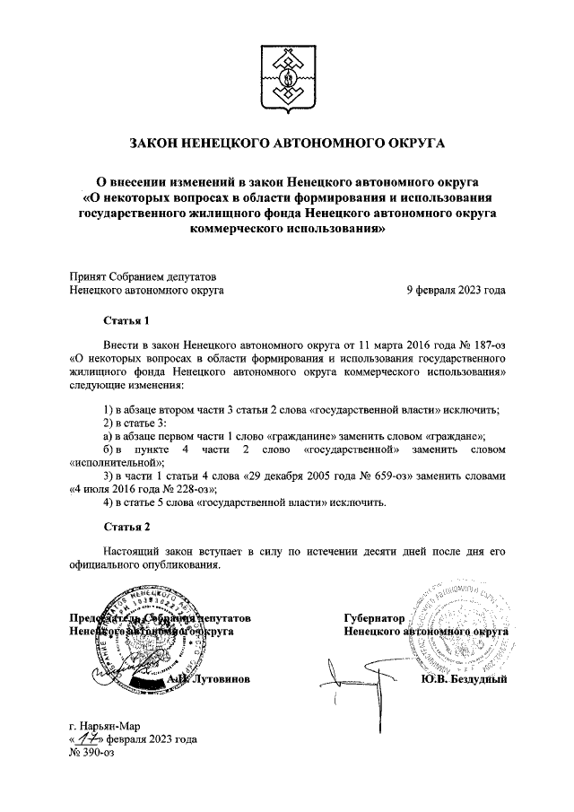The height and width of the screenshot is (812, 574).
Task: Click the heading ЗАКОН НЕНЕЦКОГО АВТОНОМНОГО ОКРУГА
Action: point(287,142)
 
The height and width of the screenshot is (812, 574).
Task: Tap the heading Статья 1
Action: point(123,320)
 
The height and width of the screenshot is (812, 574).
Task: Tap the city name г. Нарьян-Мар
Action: point(104,726)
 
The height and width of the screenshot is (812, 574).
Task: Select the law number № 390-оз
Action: point(92,753)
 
